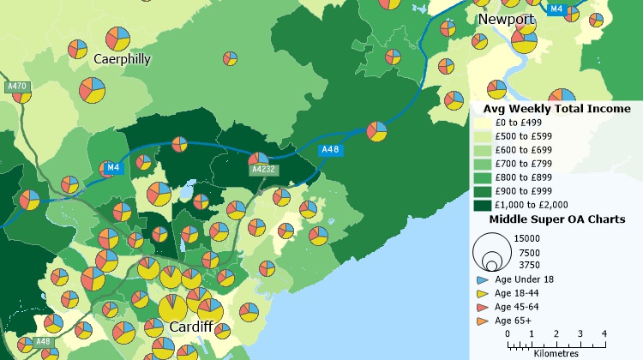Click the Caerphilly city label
coord(122,59)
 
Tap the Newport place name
coord(506,19)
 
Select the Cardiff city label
coord(197,327)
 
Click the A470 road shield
coord(16,87)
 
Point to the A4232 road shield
coord(263,170)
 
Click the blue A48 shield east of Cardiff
coord(331,150)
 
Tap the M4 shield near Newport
coord(556,9)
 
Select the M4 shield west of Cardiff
coord(112,167)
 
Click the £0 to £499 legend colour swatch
coord(483,123)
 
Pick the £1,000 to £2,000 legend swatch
coord(483,206)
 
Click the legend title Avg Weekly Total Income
coord(556,109)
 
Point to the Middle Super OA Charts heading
coord(556,219)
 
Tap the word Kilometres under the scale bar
coord(556,352)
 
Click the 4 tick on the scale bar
coord(604,333)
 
